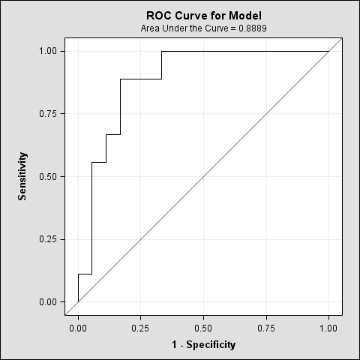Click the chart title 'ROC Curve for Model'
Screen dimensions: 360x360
(204, 15)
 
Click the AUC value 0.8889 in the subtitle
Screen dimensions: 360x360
(252, 28)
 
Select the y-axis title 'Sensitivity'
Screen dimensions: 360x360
(23, 176)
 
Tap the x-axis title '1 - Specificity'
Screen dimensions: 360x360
(203, 345)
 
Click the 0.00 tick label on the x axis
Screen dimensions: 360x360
(78, 328)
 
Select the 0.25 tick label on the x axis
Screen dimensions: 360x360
(141, 328)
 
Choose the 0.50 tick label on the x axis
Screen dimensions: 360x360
(203, 328)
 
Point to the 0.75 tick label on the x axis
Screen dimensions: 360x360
(266, 328)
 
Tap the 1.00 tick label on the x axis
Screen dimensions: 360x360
(328, 328)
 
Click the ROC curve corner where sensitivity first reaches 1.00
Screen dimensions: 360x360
(162, 51)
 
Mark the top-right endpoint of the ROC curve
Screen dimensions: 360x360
(328, 51)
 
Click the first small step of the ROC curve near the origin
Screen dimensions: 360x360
(79, 274)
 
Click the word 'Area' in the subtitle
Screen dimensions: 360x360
(151, 28)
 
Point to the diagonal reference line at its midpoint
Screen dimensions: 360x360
(203, 177)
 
